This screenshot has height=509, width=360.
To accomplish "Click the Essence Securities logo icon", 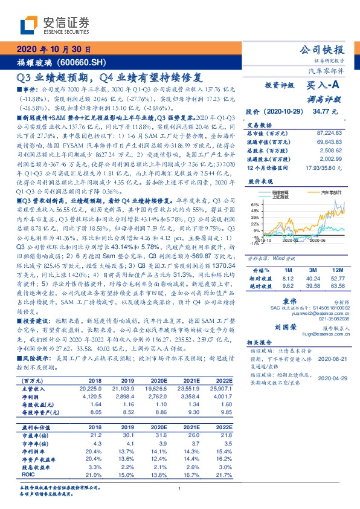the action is tap(28, 25).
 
